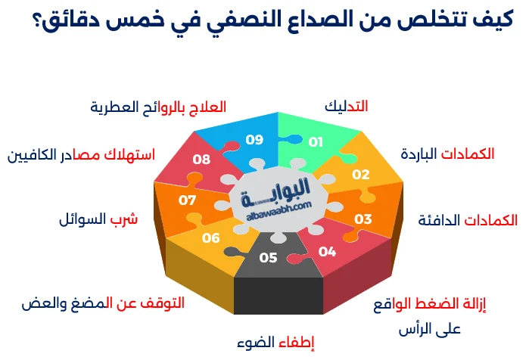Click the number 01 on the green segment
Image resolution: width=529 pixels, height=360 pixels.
pos(316,141)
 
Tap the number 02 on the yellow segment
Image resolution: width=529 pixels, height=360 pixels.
pos(361,175)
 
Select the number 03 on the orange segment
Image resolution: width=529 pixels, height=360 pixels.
pos(363,219)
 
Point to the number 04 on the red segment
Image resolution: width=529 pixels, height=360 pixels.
pos(327,251)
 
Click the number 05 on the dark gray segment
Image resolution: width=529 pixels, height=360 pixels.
pos(268,258)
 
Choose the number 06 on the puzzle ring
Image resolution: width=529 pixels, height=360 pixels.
pos(210,238)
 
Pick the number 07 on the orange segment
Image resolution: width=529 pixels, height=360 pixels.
pos(187,200)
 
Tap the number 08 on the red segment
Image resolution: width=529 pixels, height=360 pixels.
pos(201,160)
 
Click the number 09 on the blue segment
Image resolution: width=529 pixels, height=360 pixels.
pos(254,139)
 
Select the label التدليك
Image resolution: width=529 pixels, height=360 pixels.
pos(346,107)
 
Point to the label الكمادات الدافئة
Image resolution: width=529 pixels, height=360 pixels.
pos(468,220)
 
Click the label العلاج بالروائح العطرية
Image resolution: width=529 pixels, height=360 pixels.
pos(158,107)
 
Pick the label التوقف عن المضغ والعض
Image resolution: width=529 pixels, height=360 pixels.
pos(103,303)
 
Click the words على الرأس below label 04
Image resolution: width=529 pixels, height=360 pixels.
pos(429,330)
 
